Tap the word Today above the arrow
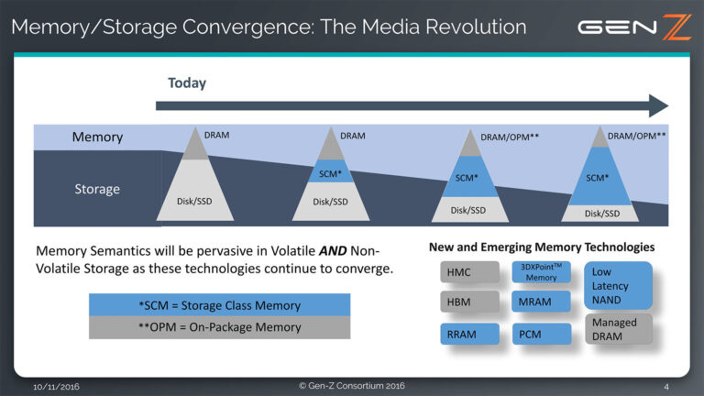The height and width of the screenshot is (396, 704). click(187, 83)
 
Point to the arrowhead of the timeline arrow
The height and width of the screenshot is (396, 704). click(658, 105)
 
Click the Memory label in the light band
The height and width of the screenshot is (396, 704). click(97, 137)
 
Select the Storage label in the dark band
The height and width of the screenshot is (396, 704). click(97, 189)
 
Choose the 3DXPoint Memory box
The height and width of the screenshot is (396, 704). click(541, 272)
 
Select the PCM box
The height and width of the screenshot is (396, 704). click(541, 334)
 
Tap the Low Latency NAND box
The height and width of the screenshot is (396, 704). click(617, 285)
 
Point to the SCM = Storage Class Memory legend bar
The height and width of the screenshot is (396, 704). click(219, 305)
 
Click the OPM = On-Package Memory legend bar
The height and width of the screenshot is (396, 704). click(219, 327)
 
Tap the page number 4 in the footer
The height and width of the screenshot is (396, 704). click(666, 386)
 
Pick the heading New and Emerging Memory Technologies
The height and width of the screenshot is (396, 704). click(541, 247)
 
